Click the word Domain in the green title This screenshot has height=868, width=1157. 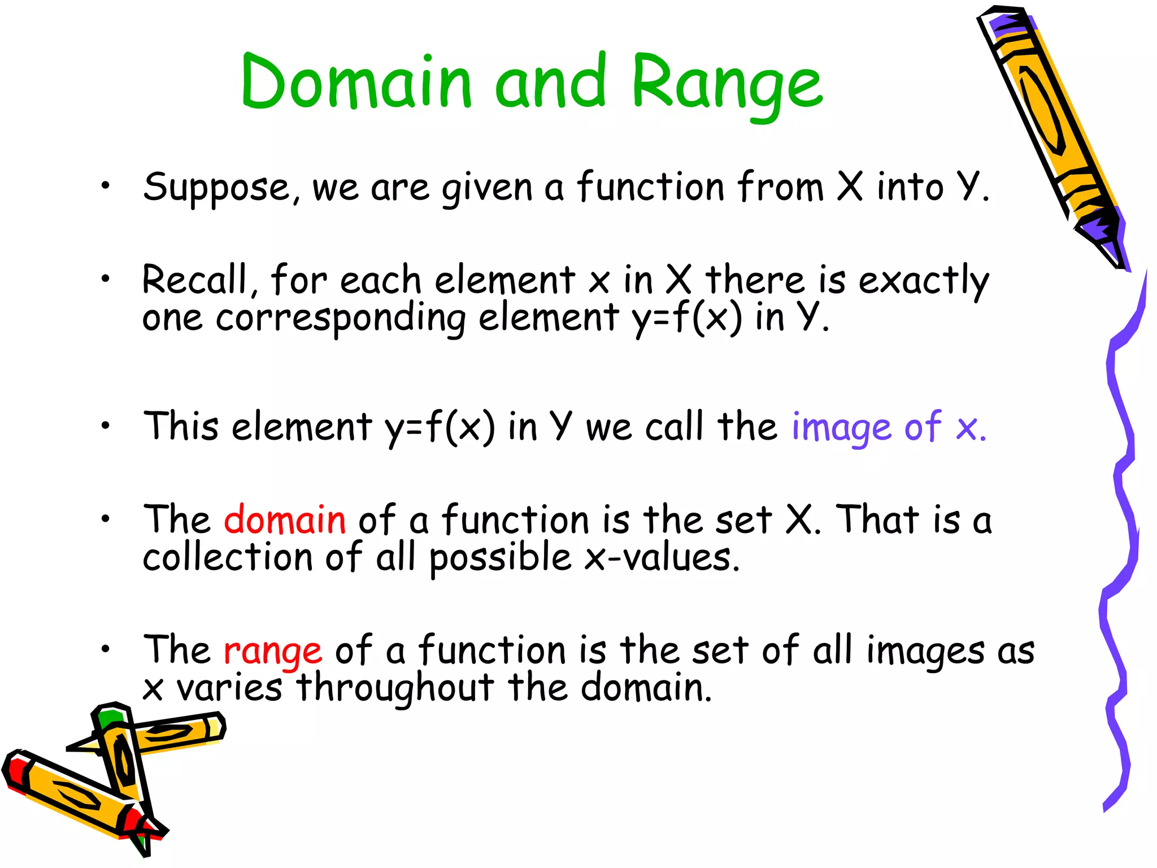coord(356,82)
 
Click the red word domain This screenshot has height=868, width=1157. coord(285,520)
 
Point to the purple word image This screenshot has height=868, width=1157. coord(841,428)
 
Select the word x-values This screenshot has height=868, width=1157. coord(662,558)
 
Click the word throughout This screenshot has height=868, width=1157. coord(395,688)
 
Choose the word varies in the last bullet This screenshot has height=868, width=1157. coord(229,688)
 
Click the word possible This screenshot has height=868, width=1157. coord(500,558)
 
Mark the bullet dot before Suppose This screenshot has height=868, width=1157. coord(106,186)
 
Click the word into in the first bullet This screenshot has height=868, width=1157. coord(910,188)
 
